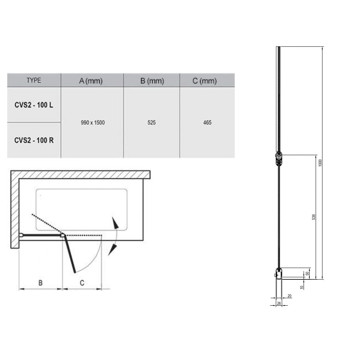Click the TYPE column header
pos(34,80)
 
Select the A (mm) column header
pos(91,81)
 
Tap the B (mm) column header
pos(152,81)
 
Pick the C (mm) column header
pos(204,81)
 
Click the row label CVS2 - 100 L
pos(34,105)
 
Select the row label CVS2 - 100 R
pos(34,140)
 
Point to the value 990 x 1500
pos(93,123)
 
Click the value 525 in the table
pos(152,123)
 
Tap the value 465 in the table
pos(207,123)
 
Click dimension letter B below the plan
pos(40,283)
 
